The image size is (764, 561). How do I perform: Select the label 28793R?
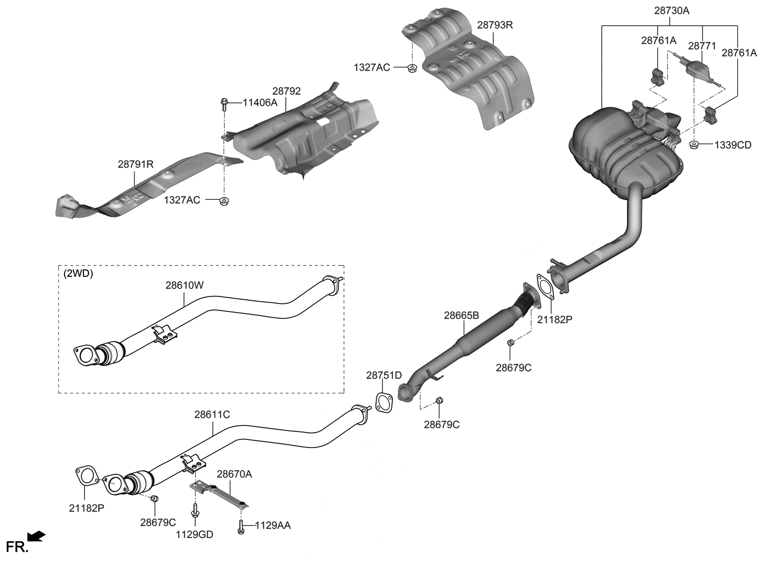click(x=495, y=25)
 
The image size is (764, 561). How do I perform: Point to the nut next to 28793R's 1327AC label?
click(x=412, y=68)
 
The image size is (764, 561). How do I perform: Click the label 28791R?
click(x=136, y=164)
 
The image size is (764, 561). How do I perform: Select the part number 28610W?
click(x=184, y=285)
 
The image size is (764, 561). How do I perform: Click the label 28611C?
click(x=212, y=415)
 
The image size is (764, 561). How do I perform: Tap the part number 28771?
click(x=702, y=46)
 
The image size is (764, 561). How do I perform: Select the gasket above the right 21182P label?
click(x=544, y=287)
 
